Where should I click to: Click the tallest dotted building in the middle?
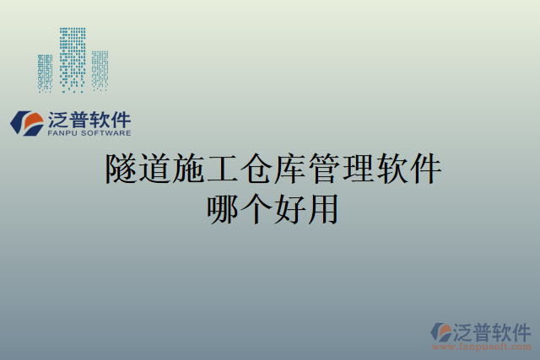tap(73, 59)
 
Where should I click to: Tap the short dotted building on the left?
tap(45, 73)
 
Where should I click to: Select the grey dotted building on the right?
tap(100, 70)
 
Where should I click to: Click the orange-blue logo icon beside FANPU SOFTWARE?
tap(26, 123)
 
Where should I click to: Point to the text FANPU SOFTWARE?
tap(89, 133)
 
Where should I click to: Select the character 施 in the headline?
tap(192, 170)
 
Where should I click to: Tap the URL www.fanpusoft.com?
tap(482, 347)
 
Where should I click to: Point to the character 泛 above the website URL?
tap(466, 330)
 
